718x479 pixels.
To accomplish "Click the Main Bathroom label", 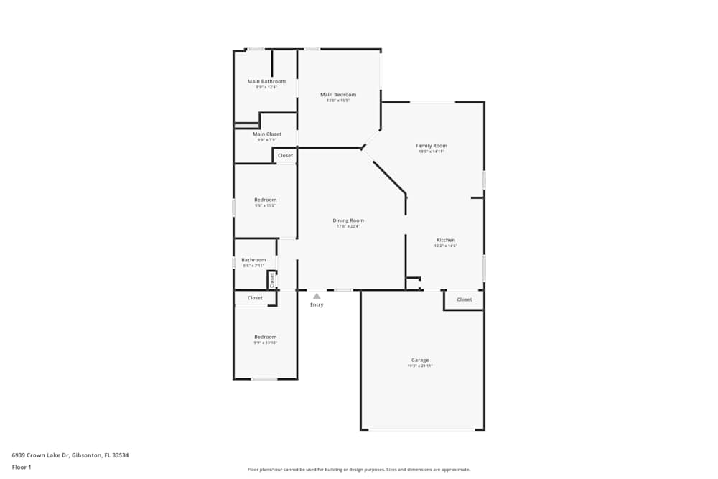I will coord(266,81).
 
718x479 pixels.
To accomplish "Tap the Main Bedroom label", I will coord(337,95).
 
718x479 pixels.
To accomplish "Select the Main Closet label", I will coord(266,134).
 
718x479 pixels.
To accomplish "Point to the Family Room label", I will coord(432,146).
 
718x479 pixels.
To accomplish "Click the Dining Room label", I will coord(348,220).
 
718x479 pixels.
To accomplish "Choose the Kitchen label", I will coord(446,240).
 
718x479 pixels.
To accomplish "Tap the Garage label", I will coord(420,360).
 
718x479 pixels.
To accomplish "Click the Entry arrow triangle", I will coord(317,295).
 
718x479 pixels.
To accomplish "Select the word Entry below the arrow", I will coord(317,304).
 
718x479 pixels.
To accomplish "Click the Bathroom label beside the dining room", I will coord(253,260).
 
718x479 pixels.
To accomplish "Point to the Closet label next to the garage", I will coord(465,299).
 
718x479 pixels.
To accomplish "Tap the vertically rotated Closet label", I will coord(272,279).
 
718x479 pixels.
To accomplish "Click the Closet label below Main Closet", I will coord(285,155).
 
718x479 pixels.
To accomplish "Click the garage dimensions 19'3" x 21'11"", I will coord(420,366).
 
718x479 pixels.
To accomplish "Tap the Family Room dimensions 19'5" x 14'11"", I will coord(432,152).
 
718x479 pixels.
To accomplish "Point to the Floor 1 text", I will coord(22,467).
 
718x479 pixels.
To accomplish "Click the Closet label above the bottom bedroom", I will coord(255,297).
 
